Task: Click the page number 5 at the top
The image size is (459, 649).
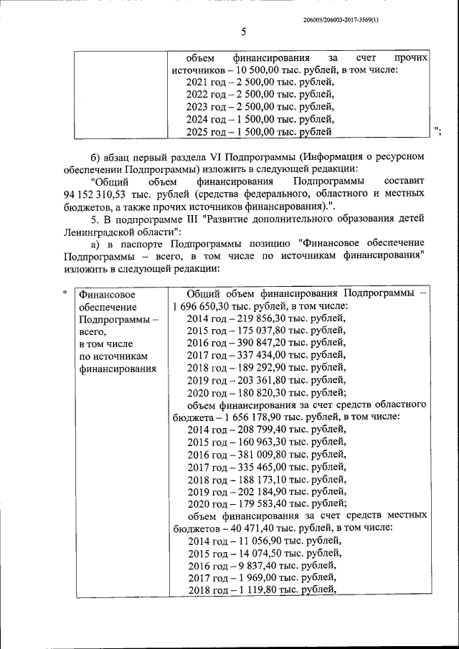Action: [243, 32]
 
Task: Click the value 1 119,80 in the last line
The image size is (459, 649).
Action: [251, 589]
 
